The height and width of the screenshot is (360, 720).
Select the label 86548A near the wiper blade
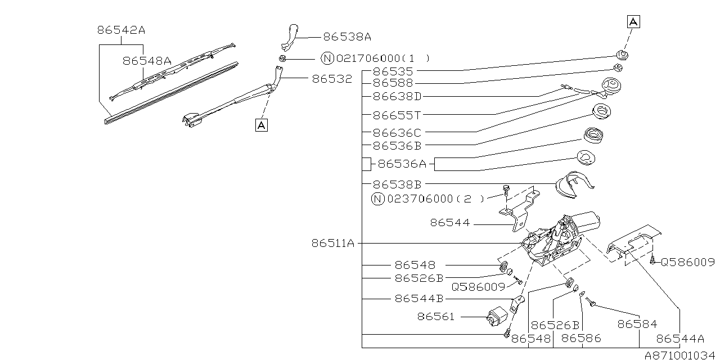coord(147,61)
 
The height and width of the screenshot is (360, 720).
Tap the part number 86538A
coord(347,37)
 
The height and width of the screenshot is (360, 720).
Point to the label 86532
coord(332,79)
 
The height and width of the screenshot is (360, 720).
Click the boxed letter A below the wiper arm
coord(261,125)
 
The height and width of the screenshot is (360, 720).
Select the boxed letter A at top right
coord(633,22)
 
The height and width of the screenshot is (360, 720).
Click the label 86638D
coord(397,96)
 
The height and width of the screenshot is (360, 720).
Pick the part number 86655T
coord(397,115)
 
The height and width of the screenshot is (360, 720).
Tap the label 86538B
coord(397,184)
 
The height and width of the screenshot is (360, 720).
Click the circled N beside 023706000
coord(377,199)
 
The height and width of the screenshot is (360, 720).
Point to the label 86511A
coord(333,244)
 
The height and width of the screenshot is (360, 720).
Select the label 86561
coord(436,317)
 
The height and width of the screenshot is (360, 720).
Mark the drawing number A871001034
coord(681,355)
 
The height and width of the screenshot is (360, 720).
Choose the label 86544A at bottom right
coord(680,339)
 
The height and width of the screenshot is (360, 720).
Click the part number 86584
coord(637,324)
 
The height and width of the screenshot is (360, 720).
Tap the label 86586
coord(581,339)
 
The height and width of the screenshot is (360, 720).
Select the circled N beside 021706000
coord(327,58)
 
